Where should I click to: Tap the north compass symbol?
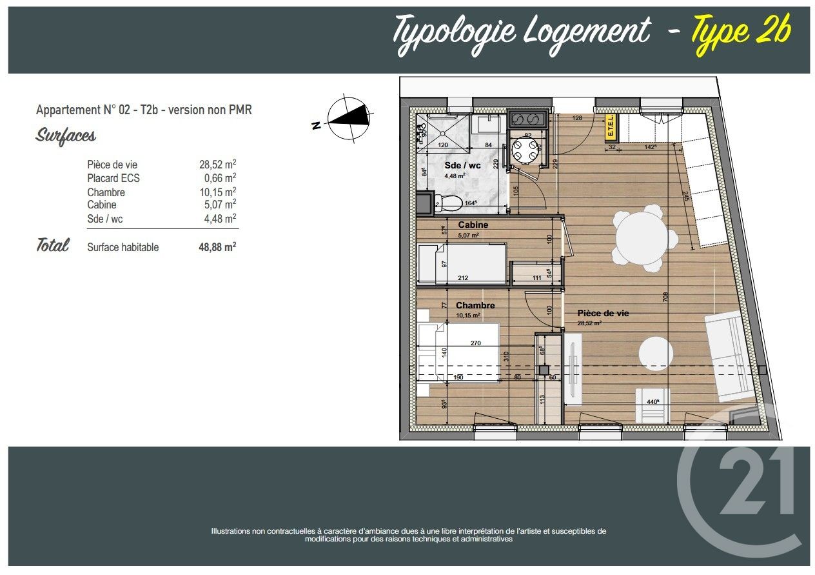pos(349,119)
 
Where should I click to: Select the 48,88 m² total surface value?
pos(217,247)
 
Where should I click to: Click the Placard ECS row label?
pos(113,178)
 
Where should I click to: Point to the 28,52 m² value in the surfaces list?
pos(217,165)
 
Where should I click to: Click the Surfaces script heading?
pos(66,136)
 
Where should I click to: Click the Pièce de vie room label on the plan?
pos(603,313)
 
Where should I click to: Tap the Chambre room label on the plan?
pos(475,305)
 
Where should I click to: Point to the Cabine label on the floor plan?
pos(473,225)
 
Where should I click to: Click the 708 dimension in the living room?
pos(665,297)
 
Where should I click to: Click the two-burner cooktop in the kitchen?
pos(528,119)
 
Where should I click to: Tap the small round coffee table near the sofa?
pos(656,354)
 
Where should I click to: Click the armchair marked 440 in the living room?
pos(653,405)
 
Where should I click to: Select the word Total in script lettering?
pos(52,245)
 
